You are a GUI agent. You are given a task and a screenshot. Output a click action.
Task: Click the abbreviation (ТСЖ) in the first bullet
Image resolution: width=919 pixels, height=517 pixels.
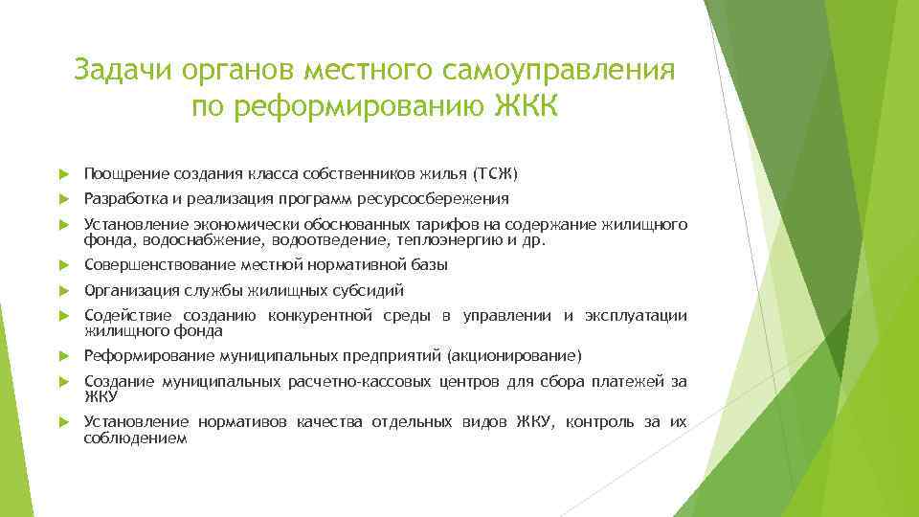[495, 173]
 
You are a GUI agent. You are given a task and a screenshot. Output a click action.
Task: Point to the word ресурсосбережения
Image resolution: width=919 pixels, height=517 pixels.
[447, 199]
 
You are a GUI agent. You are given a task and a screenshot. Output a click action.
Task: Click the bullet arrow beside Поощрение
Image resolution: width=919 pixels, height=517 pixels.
[63, 174]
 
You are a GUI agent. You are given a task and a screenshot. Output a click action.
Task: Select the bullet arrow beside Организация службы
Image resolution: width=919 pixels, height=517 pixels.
[63, 291]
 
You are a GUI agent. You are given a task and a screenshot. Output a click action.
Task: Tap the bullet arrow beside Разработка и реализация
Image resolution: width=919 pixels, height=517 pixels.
[63, 200]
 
